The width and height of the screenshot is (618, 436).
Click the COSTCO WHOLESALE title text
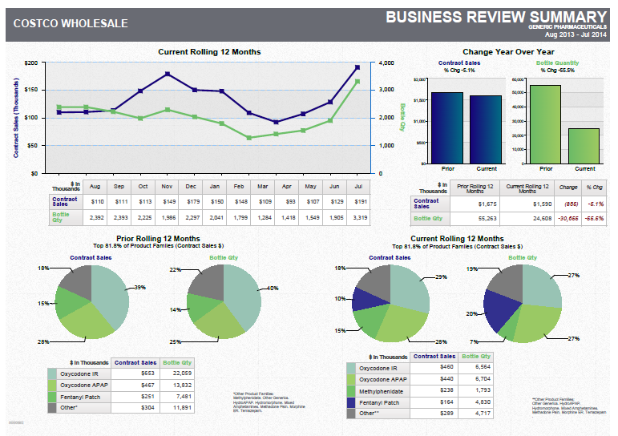(x=70, y=23)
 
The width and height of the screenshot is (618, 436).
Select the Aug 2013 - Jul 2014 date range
(x=574, y=34)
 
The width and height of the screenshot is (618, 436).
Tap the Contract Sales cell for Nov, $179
(x=168, y=201)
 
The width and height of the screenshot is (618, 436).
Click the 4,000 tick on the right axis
(x=386, y=63)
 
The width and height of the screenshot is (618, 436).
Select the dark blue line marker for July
(x=357, y=67)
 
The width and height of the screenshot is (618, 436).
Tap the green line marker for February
(x=249, y=138)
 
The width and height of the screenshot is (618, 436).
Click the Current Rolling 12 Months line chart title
(x=209, y=52)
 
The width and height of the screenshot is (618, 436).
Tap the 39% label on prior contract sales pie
(x=139, y=287)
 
